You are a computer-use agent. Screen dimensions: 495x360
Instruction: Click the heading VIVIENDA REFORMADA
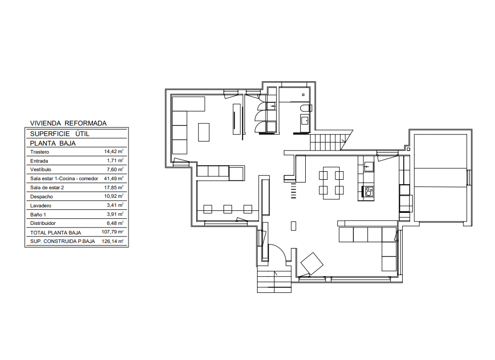click(68, 123)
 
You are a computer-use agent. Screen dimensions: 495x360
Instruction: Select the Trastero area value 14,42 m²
click(113, 152)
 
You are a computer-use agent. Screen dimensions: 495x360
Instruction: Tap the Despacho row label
click(41, 196)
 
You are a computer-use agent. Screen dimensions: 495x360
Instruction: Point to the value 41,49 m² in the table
click(113, 178)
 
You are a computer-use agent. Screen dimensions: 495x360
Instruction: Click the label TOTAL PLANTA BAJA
click(56, 233)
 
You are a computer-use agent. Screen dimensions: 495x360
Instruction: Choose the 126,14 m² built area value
click(112, 242)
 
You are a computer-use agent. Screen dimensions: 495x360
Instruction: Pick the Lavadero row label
click(40, 205)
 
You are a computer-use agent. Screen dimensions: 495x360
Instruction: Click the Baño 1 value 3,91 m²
click(115, 214)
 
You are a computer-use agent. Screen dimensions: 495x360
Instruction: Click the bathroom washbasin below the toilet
click(305, 121)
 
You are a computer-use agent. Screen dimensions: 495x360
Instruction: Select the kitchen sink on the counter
click(368, 166)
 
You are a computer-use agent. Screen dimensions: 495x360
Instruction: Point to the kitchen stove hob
click(368, 191)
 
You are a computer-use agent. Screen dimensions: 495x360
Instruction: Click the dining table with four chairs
click(331, 183)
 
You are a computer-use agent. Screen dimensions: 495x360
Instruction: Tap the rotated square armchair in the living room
click(312, 264)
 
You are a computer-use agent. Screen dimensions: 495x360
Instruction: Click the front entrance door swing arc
click(277, 253)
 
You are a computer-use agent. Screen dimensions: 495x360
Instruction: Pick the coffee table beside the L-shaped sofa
click(204, 133)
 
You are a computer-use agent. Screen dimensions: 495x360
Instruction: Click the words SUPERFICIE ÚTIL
click(60, 134)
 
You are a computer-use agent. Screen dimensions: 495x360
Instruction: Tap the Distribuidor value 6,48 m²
click(115, 223)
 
